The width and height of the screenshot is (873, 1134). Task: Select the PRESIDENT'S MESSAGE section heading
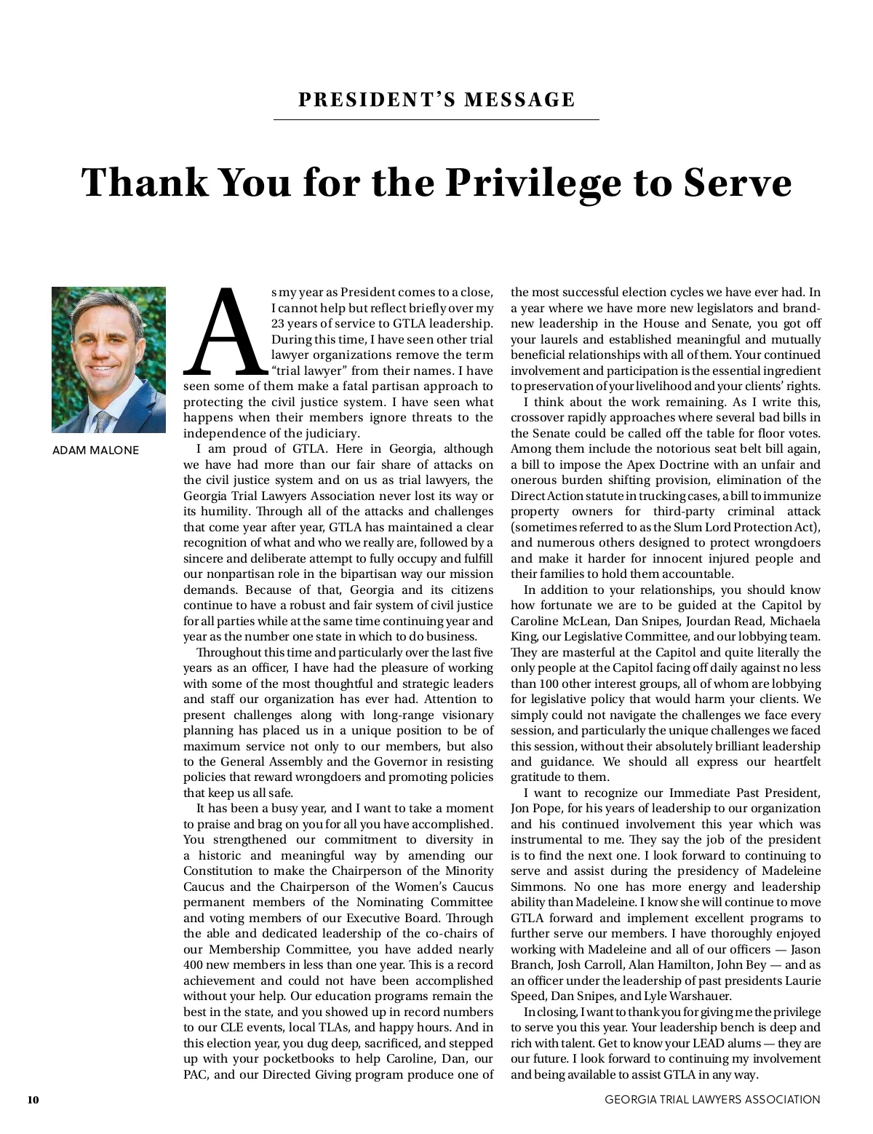[x=436, y=100]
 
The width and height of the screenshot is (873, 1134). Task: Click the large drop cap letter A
[x=226, y=331]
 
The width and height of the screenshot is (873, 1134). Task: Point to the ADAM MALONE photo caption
[x=95, y=451]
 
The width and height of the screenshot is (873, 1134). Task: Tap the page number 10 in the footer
[x=33, y=1100]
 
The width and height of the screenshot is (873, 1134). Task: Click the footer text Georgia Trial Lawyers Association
[x=712, y=1100]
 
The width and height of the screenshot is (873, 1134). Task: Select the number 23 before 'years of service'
[x=278, y=324]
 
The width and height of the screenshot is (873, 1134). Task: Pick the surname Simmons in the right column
[x=535, y=887]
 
